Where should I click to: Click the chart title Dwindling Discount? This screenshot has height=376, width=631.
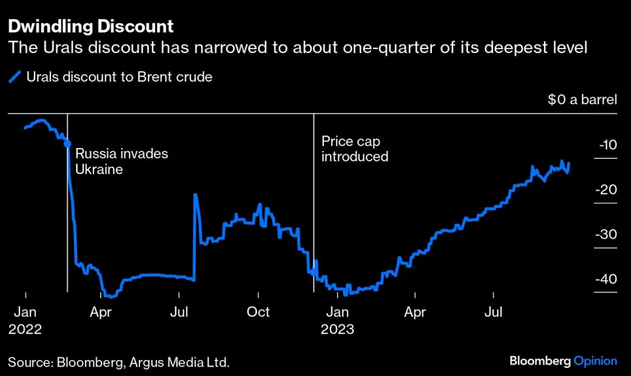tap(90, 27)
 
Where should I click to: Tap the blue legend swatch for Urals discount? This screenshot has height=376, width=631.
tap(15, 77)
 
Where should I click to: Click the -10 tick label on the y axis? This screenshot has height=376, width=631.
tap(608, 145)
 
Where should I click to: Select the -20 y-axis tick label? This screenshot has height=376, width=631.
tap(606, 189)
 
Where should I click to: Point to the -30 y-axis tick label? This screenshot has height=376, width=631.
tap(606, 235)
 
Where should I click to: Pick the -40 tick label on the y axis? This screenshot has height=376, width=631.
tap(606, 279)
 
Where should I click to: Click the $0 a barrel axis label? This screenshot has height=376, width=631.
tap(582, 100)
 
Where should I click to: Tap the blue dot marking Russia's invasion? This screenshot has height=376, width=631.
tap(67, 142)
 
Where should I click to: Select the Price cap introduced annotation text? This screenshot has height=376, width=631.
tap(354, 149)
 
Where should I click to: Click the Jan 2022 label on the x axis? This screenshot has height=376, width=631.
tap(25, 320)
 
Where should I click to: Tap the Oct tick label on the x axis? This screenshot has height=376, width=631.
tap(258, 312)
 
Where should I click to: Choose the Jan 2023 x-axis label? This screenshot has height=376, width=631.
tap(337, 320)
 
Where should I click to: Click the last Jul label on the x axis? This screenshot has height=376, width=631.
tap(493, 312)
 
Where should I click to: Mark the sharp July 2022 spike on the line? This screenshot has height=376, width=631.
tap(195, 195)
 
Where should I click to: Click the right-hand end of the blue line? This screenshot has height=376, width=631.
tap(569, 164)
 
